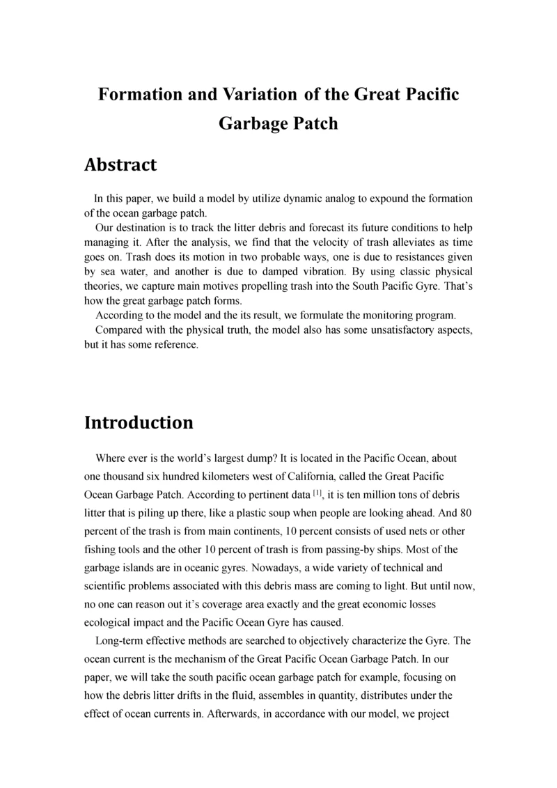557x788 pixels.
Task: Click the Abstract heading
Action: coord(120,165)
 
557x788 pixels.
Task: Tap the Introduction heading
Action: coord(139,423)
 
